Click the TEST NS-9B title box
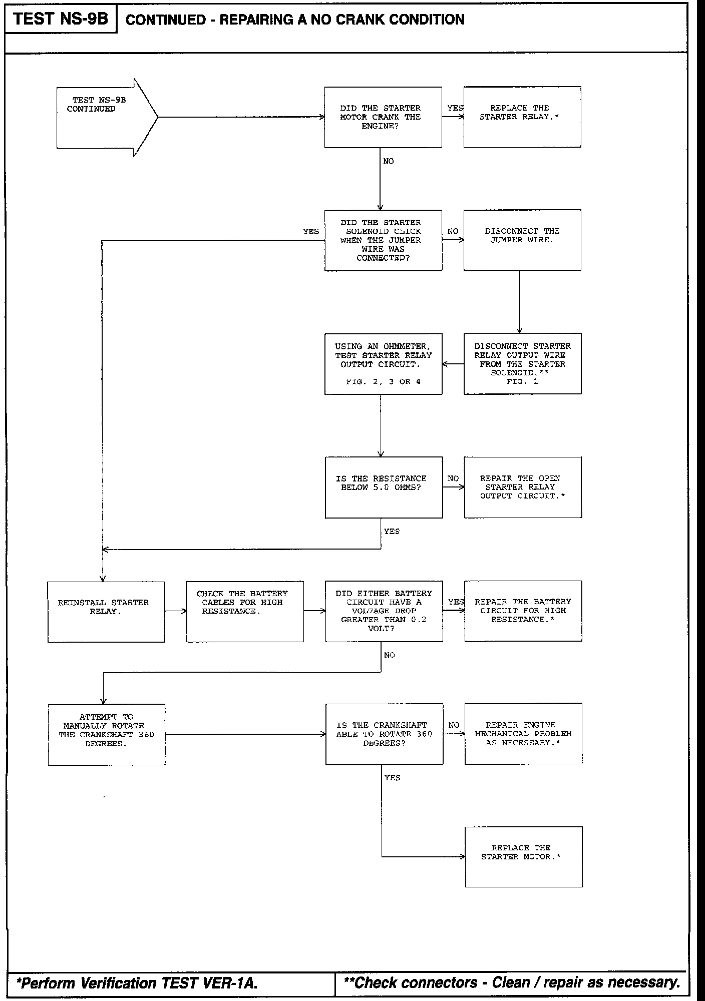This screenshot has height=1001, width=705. (x=61, y=19)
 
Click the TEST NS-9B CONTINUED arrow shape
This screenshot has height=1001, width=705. (x=105, y=117)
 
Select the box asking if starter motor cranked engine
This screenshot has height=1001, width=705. (x=383, y=117)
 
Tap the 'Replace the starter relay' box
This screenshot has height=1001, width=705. (x=522, y=117)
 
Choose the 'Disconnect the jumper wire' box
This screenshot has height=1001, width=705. (x=522, y=240)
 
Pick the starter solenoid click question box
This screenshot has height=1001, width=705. (x=383, y=240)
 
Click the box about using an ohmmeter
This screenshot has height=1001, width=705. (x=383, y=364)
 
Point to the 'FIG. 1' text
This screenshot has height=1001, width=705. (x=522, y=381)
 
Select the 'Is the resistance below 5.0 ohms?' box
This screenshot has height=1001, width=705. (x=384, y=487)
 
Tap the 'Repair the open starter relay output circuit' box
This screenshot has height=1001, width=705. (x=523, y=487)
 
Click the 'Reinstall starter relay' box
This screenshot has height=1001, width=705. (x=106, y=611)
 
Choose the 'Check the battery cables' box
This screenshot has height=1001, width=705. (x=245, y=611)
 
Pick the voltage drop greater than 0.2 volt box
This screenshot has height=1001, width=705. (x=384, y=611)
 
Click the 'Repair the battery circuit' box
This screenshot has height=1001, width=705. (x=523, y=611)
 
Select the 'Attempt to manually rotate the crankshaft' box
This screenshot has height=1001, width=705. (x=107, y=734)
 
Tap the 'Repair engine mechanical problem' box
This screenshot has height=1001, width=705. (x=523, y=734)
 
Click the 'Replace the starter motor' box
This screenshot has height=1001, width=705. (x=524, y=857)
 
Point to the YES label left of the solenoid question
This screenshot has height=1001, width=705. (x=311, y=232)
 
